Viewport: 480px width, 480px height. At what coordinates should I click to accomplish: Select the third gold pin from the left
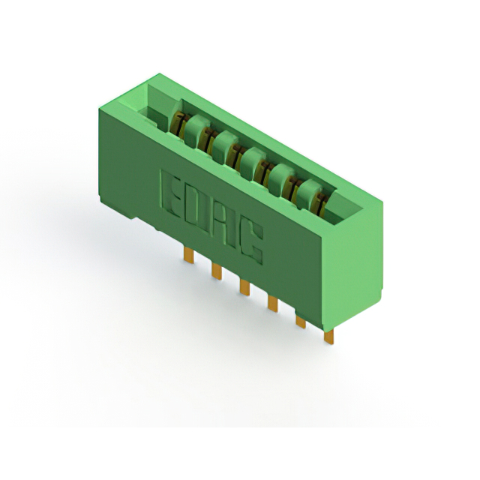point(244,287)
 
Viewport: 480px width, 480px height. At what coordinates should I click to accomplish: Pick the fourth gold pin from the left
point(272,303)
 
